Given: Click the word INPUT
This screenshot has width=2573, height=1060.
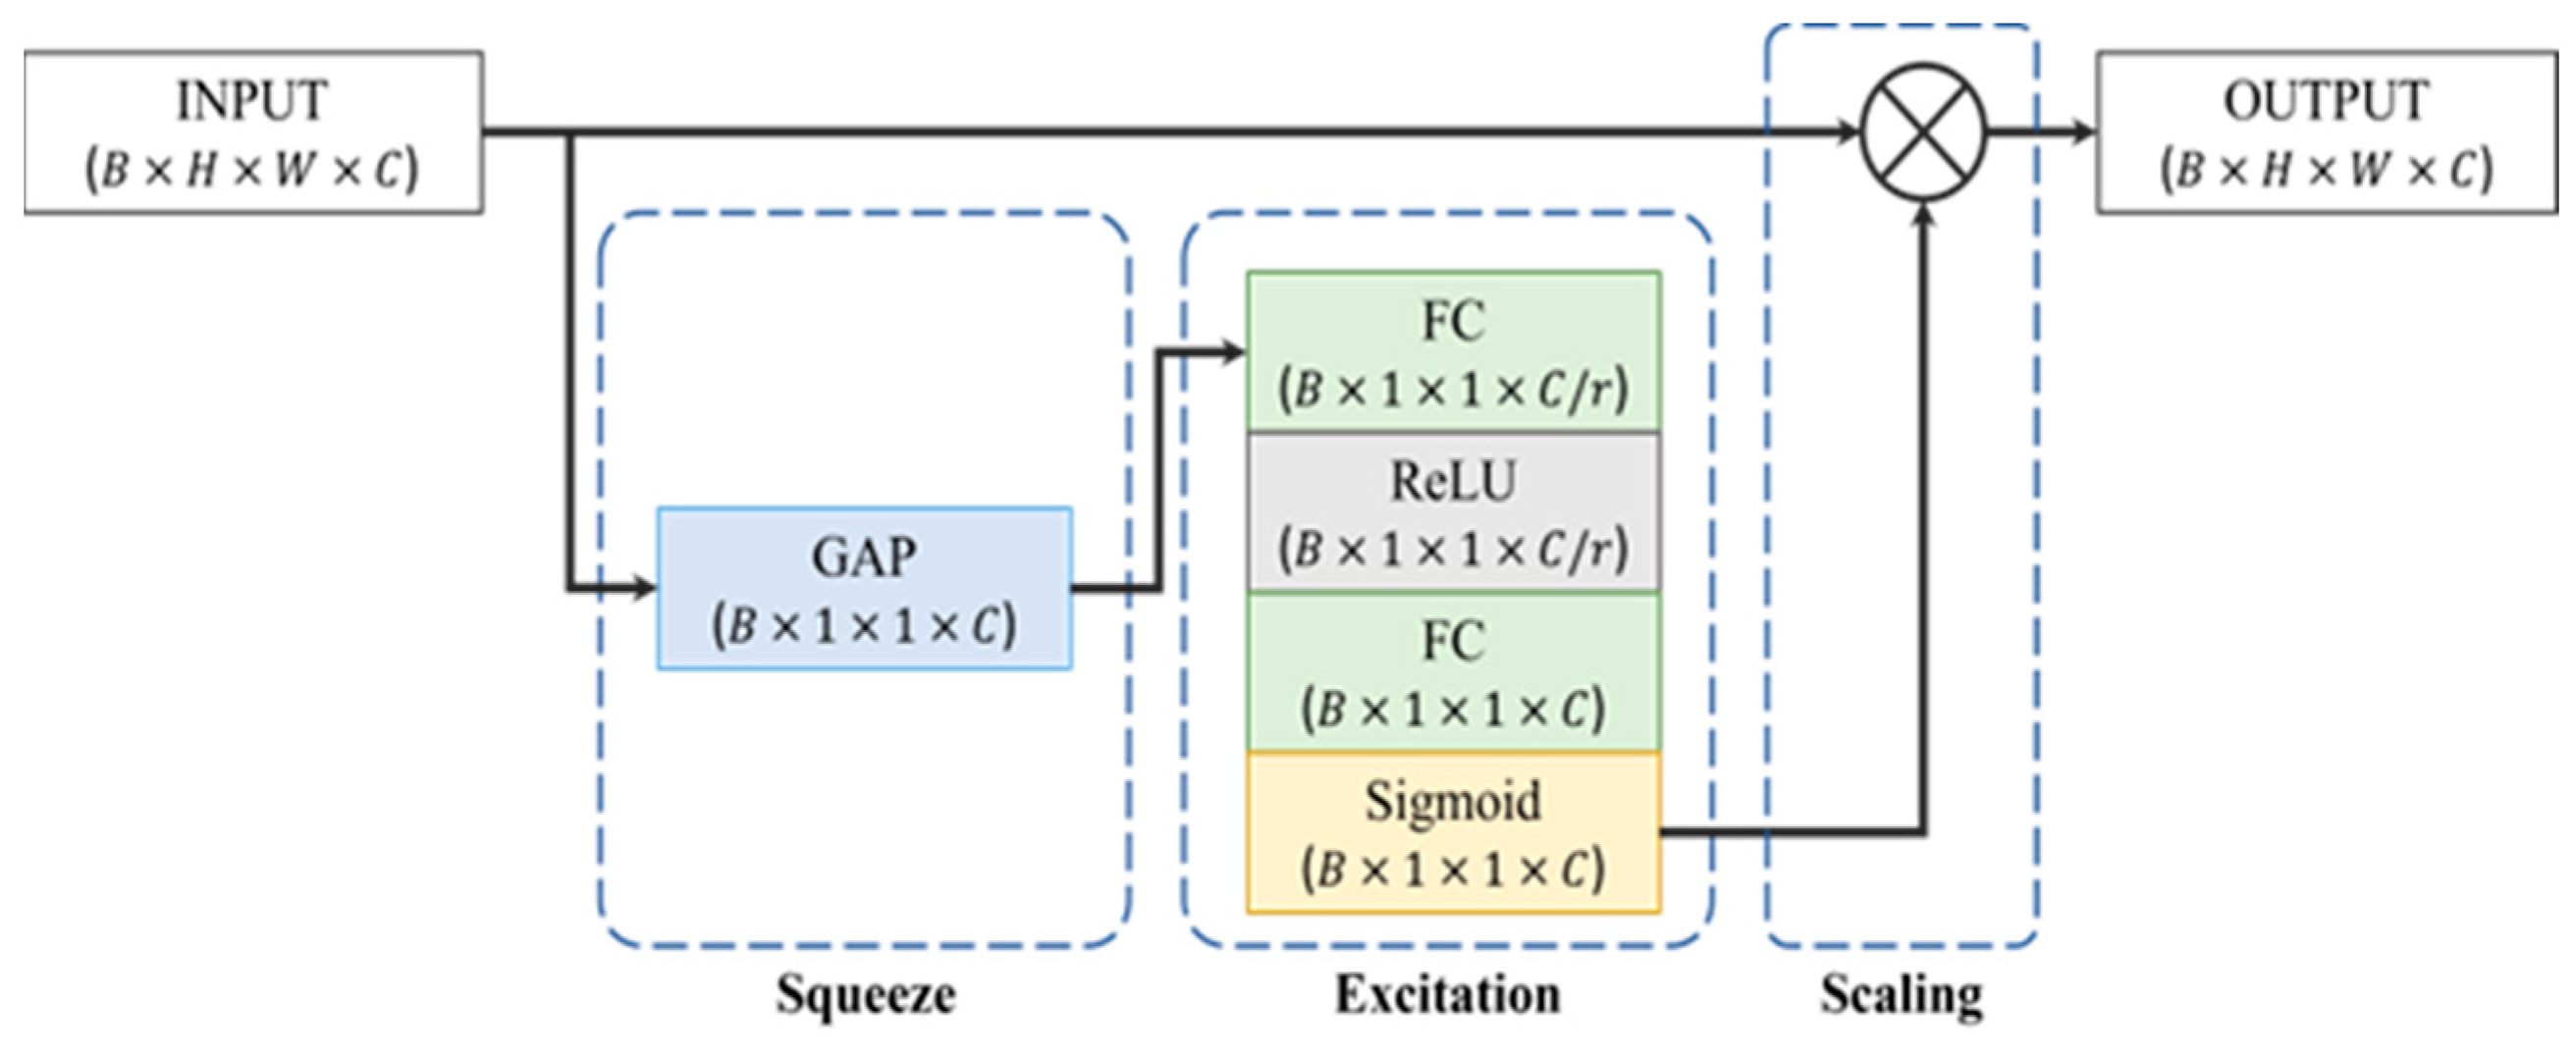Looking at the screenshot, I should pos(251,101).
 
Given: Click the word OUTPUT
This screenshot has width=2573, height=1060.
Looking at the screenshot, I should pos(2326,101).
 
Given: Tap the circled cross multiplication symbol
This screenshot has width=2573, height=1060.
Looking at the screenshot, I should pos(1924,132).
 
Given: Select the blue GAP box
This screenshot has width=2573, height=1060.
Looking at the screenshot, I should pos(864,589).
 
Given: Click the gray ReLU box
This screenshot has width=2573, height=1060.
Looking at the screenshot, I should pos(1453,512).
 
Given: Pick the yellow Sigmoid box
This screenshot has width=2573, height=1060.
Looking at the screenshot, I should pos(1453,832).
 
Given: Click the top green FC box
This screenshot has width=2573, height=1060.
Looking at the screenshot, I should pos(1453,351).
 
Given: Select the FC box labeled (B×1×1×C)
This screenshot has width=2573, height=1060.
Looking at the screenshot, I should pos(1453,672).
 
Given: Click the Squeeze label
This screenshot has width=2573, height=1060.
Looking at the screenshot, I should pos(865,994).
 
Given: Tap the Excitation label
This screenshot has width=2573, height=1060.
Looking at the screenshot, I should pos(1447,994).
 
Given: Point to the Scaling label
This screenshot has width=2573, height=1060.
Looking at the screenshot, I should pos(1901,994).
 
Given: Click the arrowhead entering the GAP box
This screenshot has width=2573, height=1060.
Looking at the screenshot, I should pos(644,589).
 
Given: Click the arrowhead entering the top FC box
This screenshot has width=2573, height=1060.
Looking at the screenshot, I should pos(1234,351).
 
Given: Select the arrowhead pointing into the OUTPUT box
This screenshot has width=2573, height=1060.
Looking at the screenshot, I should pos(2081,132).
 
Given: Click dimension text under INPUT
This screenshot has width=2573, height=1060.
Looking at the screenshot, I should pos(251,170).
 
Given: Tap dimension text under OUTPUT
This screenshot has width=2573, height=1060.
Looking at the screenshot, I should pos(2326,170).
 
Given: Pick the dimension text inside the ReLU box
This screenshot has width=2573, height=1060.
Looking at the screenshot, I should pos(1453,550).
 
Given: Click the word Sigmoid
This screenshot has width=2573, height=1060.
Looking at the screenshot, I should pos(1453,801).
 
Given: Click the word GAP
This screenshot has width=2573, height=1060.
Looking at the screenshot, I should pos(864,557).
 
